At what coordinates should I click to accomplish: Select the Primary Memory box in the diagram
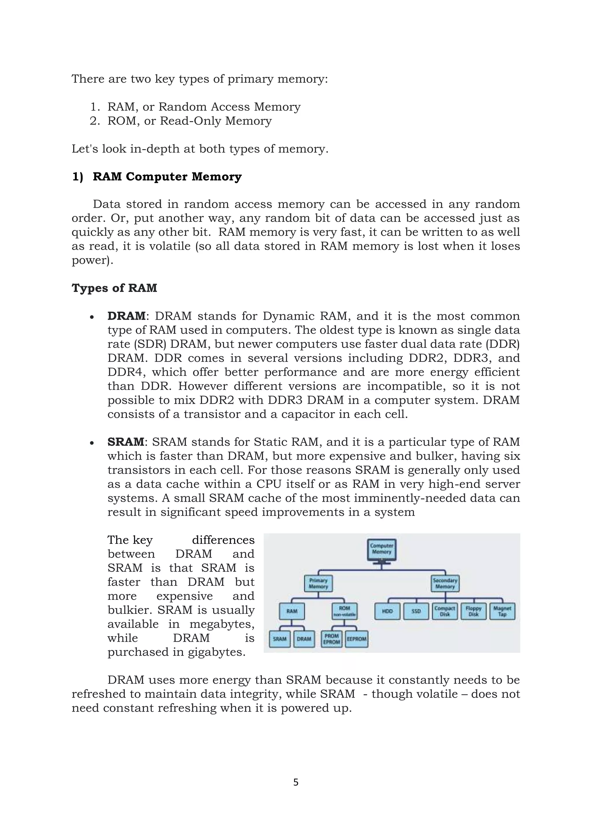(x=318, y=584)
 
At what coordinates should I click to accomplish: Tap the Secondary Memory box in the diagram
(x=445, y=584)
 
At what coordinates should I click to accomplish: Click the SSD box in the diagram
(x=416, y=611)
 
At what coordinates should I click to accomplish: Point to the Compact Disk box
(x=445, y=611)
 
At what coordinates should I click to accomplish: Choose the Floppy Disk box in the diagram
(x=473, y=611)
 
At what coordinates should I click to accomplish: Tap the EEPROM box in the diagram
(x=356, y=639)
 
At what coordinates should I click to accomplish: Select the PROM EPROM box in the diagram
(x=332, y=639)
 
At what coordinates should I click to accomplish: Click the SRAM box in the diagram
(x=280, y=639)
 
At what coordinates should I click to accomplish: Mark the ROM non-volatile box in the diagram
(x=345, y=611)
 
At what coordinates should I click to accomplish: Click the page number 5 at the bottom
(x=296, y=782)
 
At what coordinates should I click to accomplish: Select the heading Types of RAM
(x=114, y=288)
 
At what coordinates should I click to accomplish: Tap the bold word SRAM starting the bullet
(x=126, y=442)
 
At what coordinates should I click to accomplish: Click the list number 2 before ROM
(x=94, y=121)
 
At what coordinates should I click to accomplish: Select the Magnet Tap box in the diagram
(x=502, y=611)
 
